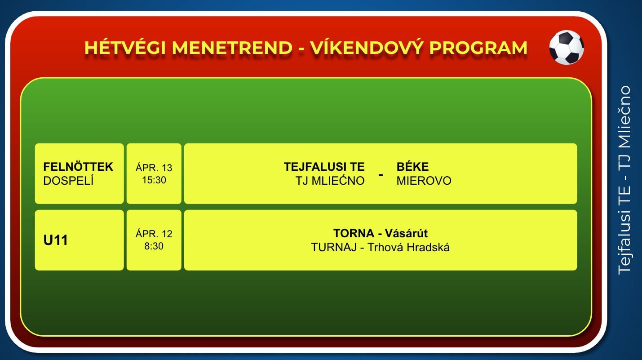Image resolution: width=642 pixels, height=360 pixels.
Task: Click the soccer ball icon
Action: [567, 47]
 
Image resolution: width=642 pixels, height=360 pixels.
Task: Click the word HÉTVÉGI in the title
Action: [125, 48]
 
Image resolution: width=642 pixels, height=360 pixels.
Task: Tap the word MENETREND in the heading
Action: [232, 48]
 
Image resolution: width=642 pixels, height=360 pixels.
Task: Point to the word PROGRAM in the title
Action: [478, 48]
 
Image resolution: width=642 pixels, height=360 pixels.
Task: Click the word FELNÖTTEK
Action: [78, 167]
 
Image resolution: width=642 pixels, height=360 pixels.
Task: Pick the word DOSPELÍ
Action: [68, 181]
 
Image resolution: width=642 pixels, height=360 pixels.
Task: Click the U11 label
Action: [55, 240]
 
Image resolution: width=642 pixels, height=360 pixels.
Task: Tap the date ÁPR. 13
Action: [154, 167]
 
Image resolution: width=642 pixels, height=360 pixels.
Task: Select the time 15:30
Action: [154, 180]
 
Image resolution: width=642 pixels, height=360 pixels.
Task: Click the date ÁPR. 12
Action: [154, 234]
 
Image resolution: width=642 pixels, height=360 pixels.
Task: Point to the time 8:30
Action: [154, 246]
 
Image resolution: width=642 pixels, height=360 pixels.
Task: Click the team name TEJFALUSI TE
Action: [324, 167]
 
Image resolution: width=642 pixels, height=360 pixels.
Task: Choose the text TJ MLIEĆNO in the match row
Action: [330, 181]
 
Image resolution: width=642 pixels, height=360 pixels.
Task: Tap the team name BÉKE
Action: [413, 167]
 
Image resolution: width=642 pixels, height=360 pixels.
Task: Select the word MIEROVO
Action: [424, 181]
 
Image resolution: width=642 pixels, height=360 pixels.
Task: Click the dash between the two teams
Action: [381, 174]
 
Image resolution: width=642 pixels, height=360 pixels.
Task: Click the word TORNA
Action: [354, 233]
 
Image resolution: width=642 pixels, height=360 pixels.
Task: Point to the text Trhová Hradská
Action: [409, 247]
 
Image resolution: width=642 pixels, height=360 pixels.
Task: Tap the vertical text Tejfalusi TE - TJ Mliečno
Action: [624, 180]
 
